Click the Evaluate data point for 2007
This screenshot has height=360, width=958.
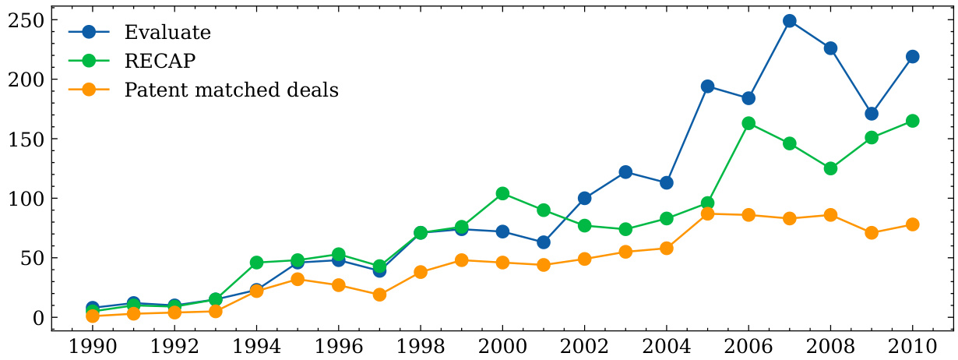789,21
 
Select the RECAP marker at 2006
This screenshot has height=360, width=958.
748,123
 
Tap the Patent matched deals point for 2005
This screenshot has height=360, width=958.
707,214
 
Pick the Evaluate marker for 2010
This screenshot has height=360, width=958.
912,57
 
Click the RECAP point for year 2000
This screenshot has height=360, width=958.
502,193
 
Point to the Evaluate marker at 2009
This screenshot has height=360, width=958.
872,114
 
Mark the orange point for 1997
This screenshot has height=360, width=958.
379,295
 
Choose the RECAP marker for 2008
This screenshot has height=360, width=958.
830,168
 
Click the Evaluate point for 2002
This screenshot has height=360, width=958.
584,198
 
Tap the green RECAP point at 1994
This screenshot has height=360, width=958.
257,263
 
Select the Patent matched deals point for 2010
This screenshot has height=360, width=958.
912,224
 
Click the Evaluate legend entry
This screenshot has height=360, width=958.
167,33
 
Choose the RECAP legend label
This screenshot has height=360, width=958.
160,62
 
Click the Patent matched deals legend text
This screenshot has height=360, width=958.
231,90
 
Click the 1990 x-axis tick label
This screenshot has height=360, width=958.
93,345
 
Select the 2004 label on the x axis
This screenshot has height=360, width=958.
666,345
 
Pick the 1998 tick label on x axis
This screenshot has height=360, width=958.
421,345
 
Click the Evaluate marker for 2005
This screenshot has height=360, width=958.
707,86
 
